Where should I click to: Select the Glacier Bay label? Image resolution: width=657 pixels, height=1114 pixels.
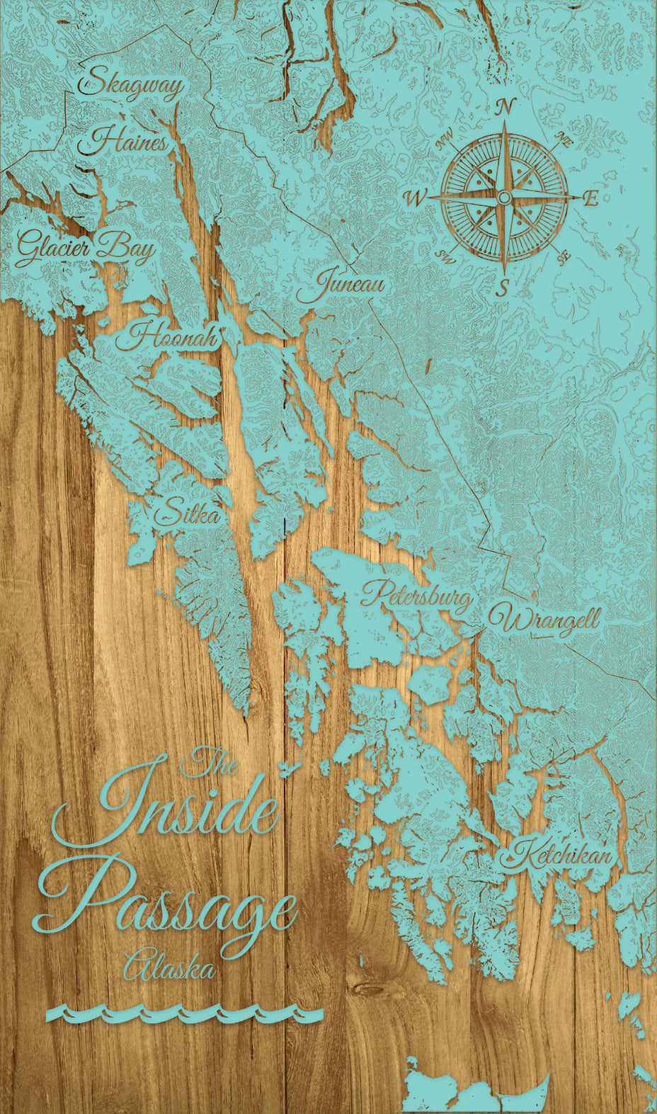point(85,249)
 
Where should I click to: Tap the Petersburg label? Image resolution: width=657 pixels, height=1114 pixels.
point(417,597)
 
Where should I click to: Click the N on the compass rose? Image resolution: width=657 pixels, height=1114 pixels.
point(504,108)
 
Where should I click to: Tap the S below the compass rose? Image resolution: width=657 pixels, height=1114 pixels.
point(503,288)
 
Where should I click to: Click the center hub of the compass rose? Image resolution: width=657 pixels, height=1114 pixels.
point(503,197)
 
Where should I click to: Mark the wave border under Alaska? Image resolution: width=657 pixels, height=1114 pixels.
point(184,1014)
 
